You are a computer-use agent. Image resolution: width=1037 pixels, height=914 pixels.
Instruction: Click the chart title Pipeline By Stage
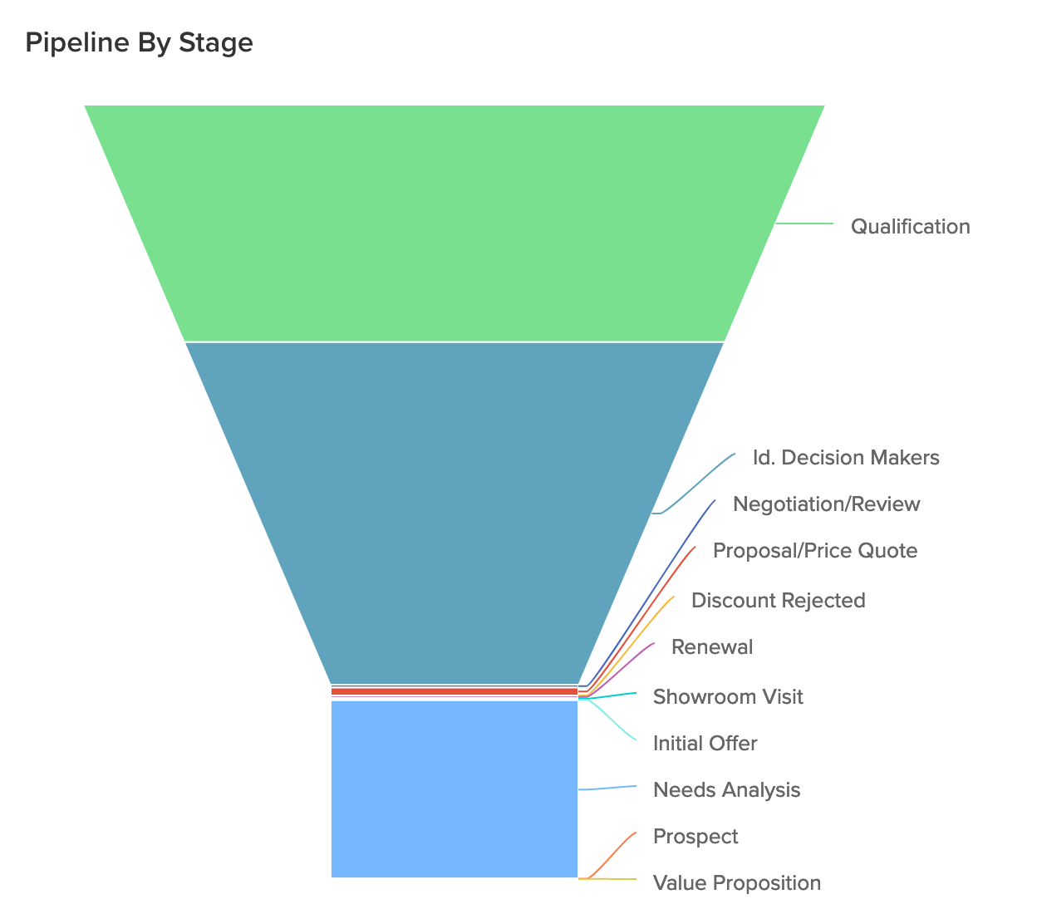(x=139, y=42)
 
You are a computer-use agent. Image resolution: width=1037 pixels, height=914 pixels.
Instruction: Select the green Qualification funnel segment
(x=455, y=223)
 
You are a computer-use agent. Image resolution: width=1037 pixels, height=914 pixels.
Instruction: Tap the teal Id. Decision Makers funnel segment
(x=455, y=511)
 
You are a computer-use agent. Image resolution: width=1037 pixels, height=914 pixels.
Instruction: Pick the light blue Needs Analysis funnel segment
(x=455, y=789)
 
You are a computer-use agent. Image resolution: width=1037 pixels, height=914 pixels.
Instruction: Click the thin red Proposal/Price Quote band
(x=455, y=691)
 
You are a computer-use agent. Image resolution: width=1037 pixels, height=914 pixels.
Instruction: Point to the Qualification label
(x=910, y=227)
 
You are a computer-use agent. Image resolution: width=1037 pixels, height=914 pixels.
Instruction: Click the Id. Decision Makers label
(x=846, y=458)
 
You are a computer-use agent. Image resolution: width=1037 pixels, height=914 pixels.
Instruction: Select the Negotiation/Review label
(x=826, y=504)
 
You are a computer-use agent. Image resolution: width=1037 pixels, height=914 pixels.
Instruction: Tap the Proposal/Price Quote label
(x=815, y=551)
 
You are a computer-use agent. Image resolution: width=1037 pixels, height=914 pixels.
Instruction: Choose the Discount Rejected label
(x=778, y=601)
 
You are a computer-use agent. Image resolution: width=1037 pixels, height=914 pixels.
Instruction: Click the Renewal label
(x=711, y=647)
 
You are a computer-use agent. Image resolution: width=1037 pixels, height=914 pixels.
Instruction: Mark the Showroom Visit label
(x=728, y=696)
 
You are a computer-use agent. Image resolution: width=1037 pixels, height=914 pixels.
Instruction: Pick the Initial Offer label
(x=705, y=743)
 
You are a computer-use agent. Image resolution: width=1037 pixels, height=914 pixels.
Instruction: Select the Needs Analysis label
(x=726, y=789)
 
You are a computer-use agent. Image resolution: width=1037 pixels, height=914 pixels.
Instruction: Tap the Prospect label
(x=695, y=836)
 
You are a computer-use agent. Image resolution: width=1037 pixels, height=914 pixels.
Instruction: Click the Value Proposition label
(x=736, y=882)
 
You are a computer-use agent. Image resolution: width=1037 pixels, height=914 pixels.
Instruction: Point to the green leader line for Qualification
(x=804, y=224)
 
